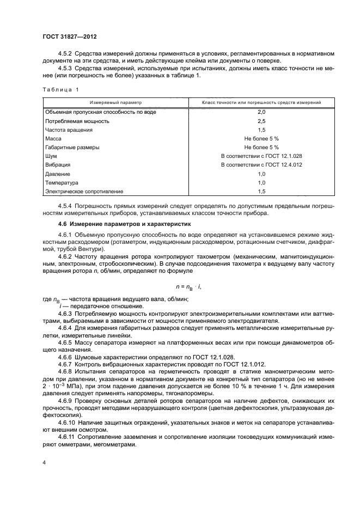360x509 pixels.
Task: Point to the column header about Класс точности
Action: tap(261, 102)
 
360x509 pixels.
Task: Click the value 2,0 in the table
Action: tap(261, 112)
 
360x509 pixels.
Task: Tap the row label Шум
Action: tap(51, 156)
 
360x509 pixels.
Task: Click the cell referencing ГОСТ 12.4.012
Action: tap(261, 164)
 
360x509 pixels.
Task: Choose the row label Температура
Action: tap(62, 182)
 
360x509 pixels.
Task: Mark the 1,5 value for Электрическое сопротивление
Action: tap(261, 191)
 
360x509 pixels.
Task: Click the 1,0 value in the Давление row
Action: tap(261, 174)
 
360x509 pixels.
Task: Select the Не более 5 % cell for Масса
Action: tap(261, 138)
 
